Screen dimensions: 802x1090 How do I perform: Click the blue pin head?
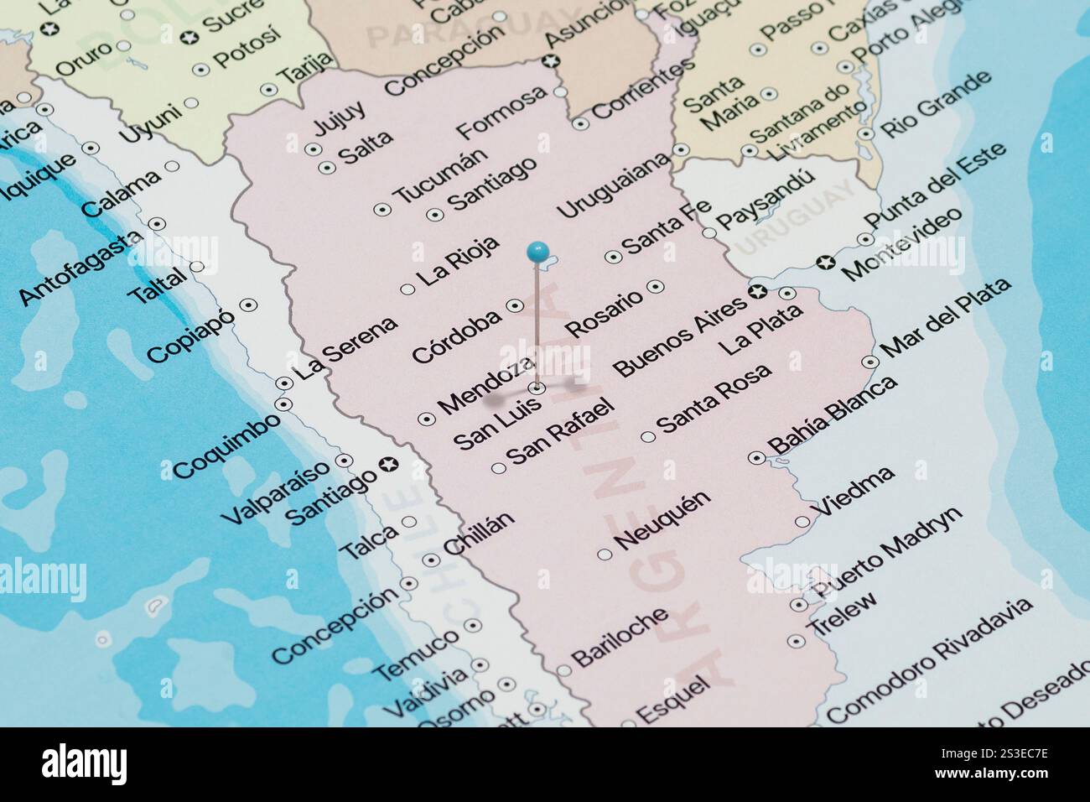[x=537, y=250]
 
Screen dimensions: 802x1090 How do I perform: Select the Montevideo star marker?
[x=827, y=263]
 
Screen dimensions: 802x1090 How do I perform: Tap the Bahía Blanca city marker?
[x=755, y=458]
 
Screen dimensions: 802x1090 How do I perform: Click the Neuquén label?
[x=663, y=520]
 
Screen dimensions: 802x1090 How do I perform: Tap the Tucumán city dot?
[x=382, y=208]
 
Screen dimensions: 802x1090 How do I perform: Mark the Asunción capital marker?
[x=551, y=60]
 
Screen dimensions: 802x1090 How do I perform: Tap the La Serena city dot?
[x=284, y=383]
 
